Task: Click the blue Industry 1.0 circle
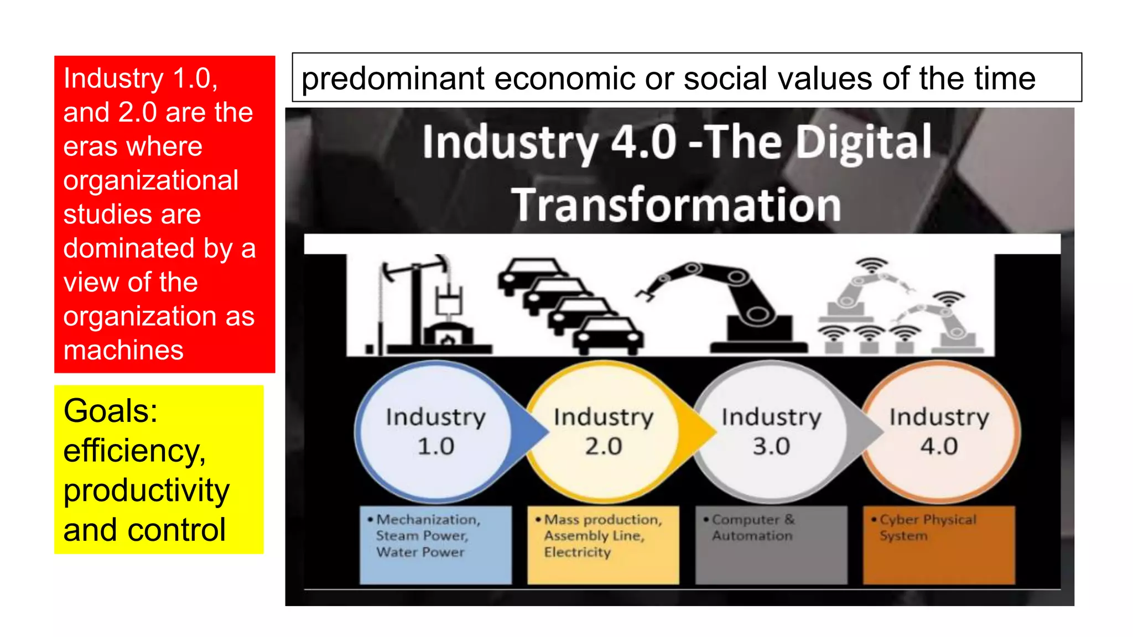[x=435, y=432]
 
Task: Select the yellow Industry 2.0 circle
[x=603, y=432]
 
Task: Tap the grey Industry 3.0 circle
[x=771, y=432]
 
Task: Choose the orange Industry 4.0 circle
[x=939, y=432]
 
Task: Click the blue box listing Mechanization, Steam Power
[x=435, y=545]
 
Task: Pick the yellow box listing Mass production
[x=603, y=545]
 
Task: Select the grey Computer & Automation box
[x=771, y=545]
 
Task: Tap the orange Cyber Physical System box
[x=939, y=545]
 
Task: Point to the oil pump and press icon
[x=426, y=304]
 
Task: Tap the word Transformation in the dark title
[x=676, y=205]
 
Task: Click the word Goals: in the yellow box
[x=111, y=411]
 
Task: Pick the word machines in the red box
[x=123, y=350]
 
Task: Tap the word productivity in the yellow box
[x=147, y=490]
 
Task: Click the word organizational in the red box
[x=151, y=180]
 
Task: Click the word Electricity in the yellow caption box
[x=577, y=552]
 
